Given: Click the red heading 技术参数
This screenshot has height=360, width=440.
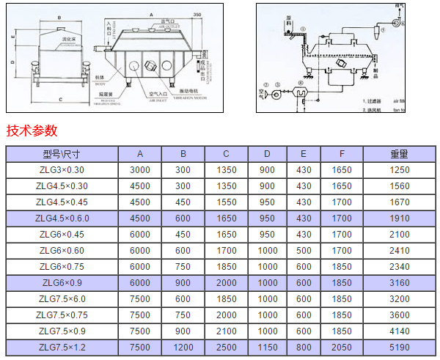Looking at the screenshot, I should [32, 131].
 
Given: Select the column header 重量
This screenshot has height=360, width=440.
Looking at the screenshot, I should [399, 154].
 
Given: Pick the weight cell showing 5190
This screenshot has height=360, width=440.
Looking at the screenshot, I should [399, 347].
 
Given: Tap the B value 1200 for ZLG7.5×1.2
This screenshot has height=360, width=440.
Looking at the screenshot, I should [184, 347].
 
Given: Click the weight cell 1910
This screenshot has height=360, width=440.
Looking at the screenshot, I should [399, 218].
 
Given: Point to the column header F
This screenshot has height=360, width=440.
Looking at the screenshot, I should [342, 154].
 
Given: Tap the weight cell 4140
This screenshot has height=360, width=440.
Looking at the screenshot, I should [399, 331].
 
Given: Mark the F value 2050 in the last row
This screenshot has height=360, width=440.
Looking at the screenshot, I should [342, 347].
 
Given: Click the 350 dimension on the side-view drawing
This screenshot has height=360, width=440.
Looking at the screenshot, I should [196, 14].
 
